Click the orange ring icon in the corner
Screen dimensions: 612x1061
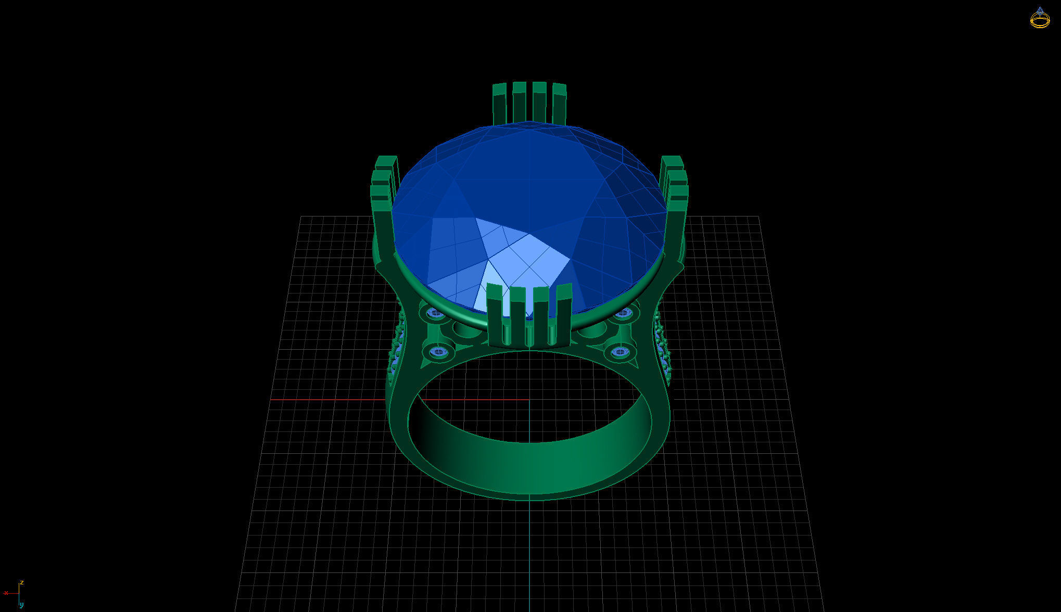coord(1040,19)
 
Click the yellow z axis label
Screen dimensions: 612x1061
coord(22,582)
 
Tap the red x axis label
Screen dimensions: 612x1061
coord(6,593)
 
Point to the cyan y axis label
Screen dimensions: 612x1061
coord(21,604)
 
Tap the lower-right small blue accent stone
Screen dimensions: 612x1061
coord(620,352)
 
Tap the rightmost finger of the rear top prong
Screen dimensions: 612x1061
coord(559,103)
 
